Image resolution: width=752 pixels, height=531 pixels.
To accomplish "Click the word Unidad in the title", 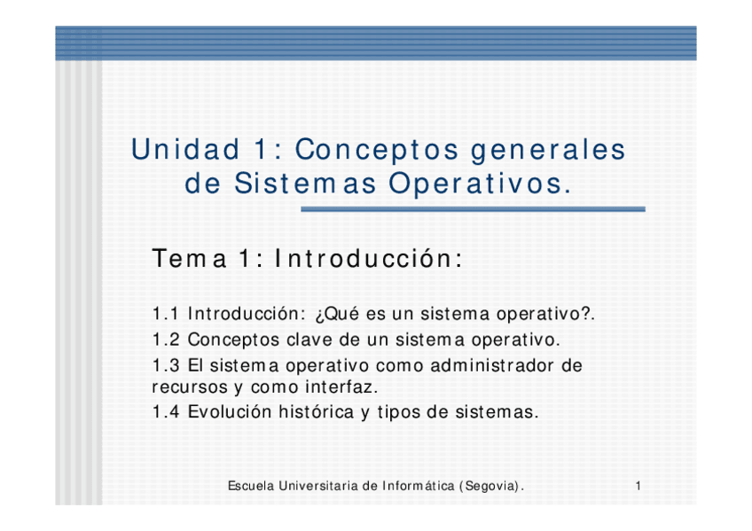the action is click(185, 149).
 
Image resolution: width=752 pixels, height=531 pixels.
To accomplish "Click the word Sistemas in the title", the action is click(305, 184).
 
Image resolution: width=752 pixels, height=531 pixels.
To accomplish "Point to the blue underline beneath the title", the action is click(473, 209).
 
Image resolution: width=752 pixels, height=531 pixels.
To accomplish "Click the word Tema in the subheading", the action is click(189, 259).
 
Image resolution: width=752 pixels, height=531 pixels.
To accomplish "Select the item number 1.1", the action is click(165, 314).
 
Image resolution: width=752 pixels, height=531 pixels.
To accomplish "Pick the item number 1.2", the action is click(166, 340).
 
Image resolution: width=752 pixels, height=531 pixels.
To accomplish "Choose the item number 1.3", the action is click(166, 365).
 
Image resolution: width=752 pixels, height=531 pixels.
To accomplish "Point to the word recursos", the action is click(190, 387).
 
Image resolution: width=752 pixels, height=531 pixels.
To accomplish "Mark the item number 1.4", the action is click(166, 412).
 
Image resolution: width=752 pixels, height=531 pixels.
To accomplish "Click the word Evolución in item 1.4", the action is click(230, 411).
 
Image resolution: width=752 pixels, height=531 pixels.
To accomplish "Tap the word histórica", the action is click(317, 411).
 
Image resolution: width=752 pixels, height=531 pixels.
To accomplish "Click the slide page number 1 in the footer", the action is click(638, 486).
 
